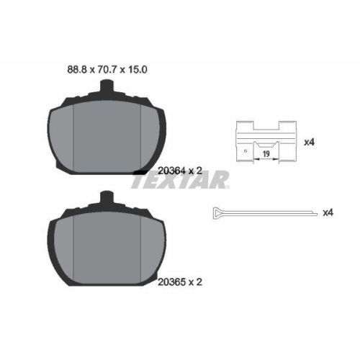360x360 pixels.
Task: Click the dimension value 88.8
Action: point(77,70)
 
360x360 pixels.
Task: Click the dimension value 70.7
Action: point(107,70)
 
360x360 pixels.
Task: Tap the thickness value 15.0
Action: point(138,70)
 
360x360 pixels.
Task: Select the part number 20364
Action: point(171,171)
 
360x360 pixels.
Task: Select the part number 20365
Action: point(171,282)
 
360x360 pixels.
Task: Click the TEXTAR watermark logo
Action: point(180,179)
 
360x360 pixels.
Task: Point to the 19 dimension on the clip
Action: point(266,154)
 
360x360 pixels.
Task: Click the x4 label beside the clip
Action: point(309,143)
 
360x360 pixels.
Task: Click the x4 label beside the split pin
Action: point(328,212)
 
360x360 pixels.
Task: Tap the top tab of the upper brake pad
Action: point(107,86)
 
